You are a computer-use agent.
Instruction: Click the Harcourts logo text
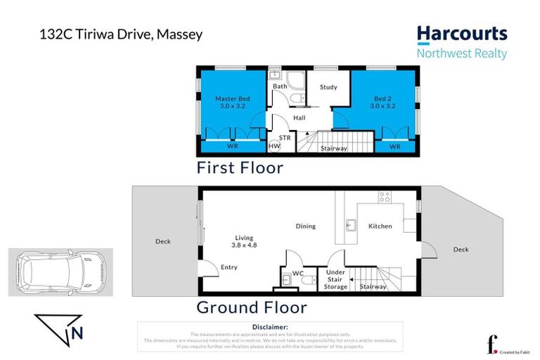[x=461, y=34]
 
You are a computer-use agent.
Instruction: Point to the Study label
[x=328, y=87]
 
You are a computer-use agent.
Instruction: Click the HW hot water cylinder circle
[x=274, y=146]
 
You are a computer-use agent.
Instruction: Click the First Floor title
[x=240, y=168]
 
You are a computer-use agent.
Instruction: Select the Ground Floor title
[x=251, y=307]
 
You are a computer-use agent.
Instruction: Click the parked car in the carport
[x=59, y=271]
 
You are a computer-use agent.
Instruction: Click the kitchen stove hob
[x=385, y=198]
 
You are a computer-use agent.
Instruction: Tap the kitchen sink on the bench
[x=349, y=226]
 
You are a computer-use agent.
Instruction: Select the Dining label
[x=305, y=226]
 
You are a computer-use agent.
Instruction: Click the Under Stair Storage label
[x=335, y=279]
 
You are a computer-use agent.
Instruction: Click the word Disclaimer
[x=270, y=327]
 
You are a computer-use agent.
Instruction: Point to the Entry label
[x=229, y=267]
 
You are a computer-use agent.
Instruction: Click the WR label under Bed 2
[x=394, y=147]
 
